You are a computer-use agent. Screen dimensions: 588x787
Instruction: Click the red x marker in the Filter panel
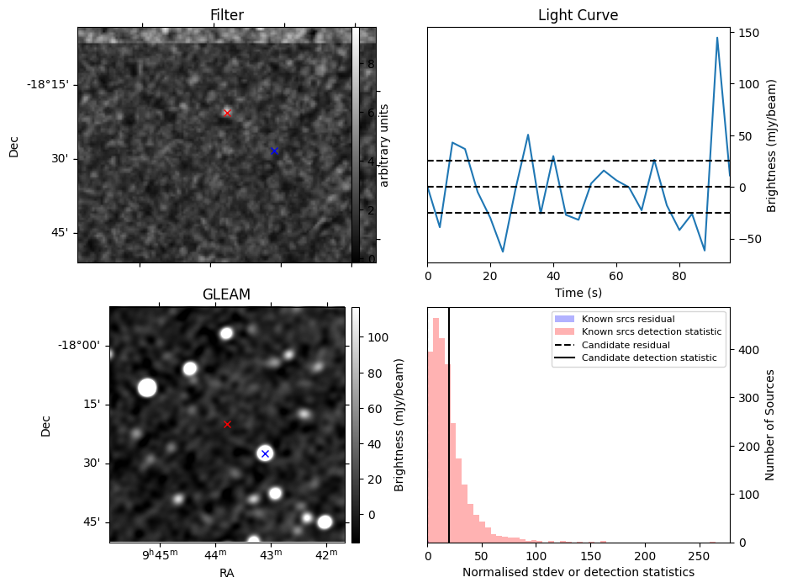click(x=227, y=113)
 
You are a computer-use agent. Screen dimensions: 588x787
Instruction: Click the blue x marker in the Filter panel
click(x=274, y=151)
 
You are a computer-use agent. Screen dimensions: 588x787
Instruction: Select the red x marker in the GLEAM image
click(x=227, y=424)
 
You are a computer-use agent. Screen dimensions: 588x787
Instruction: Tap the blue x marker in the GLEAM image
click(x=265, y=453)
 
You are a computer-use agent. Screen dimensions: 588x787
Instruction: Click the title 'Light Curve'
click(x=578, y=15)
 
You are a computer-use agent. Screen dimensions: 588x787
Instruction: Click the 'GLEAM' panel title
click(x=226, y=294)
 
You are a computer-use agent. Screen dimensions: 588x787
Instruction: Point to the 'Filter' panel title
click(x=226, y=15)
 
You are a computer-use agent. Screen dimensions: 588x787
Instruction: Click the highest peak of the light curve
click(x=717, y=38)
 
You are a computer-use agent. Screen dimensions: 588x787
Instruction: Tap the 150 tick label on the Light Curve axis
click(x=747, y=33)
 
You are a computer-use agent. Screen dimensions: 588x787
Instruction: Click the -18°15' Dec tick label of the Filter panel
click(x=47, y=84)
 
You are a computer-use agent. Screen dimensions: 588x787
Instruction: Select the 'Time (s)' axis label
click(x=578, y=292)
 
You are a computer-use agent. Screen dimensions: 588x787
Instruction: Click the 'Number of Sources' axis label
click(x=770, y=425)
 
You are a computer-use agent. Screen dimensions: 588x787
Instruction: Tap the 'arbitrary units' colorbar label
click(x=384, y=145)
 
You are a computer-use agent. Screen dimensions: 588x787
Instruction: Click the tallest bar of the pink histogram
click(x=436, y=429)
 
